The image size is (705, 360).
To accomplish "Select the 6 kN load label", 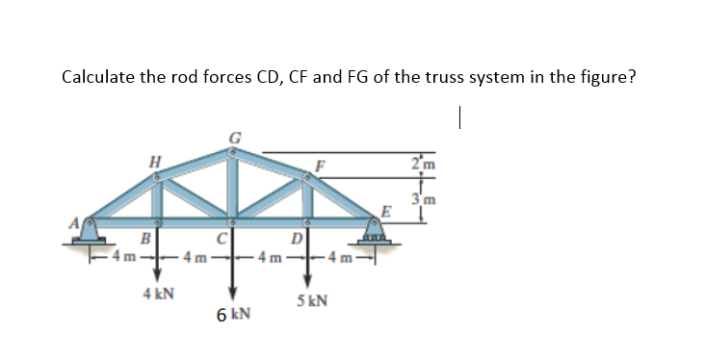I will pyautogui.click(x=233, y=314).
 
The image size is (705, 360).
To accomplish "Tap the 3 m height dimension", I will pyautogui.click(x=420, y=199).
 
